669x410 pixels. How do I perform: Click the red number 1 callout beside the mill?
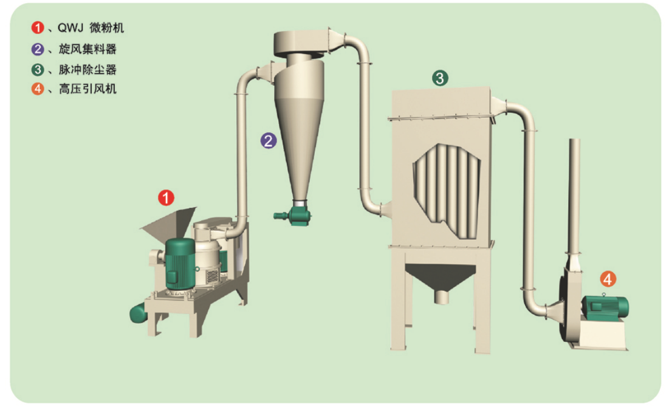click(166, 197)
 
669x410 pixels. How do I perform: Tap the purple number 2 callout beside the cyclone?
click(269, 140)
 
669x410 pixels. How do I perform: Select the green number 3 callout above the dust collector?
click(440, 78)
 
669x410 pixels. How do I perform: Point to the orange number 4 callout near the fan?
click(608, 279)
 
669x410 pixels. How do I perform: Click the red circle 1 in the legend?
click(38, 28)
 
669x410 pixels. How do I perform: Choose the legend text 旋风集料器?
click(87, 49)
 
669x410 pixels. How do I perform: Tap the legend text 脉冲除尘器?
click(87, 69)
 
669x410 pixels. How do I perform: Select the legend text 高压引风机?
click(87, 89)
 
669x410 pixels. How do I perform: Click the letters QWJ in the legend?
click(70, 28)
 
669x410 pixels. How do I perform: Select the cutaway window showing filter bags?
click(447, 191)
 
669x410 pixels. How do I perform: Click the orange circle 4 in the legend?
click(38, 89)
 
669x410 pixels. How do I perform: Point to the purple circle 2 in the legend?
click(38, 49)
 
